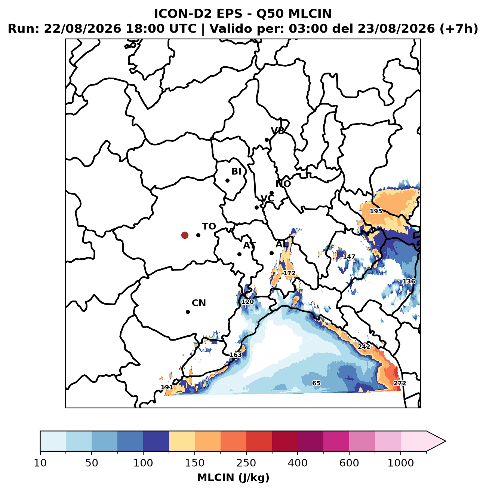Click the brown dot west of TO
[x=185, y=235]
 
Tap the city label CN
[x=199, y=303]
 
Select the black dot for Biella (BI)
[x=228, y=181]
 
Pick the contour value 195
[x=376, y=211]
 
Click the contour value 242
[x=364, y=347]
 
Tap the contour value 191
[x=167, y=387]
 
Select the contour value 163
[x=236, y=355]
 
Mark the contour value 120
[x=247, y=302]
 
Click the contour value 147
[x=349, y=257]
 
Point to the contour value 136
[x=409, y=281]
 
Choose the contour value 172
[x=289, y=273]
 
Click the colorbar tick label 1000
[x=400, y=463]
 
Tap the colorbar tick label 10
[x=40, y=463]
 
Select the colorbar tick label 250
[x=246, y=463]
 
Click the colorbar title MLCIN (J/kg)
[x=233, y=477]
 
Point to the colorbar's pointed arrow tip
[x=446, y=441]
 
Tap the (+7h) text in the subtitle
[x=458, y=29]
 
